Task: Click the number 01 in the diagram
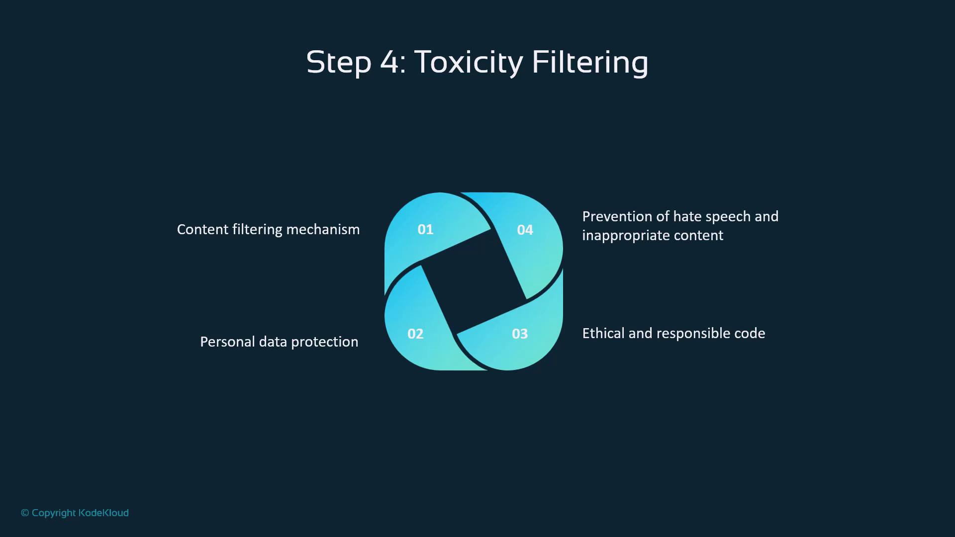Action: click(x=425, y=229)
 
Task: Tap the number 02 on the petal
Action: click(x=415, y=334)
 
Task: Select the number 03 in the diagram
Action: click(x=520, y=334)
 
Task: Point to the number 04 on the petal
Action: click(x=525, y=230)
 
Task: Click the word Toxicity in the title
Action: click(x=468, y=63)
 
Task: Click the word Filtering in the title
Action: click(x=590, y=62)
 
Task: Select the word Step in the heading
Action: click(x=339, y=63)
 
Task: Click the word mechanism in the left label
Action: click(x=323, y=229)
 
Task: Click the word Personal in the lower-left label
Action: click(x=227, y=342)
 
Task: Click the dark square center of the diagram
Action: click(x=474, y=282)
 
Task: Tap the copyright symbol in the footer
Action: click(x=25, y=513)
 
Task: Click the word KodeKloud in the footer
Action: click(x=103, y=513)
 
